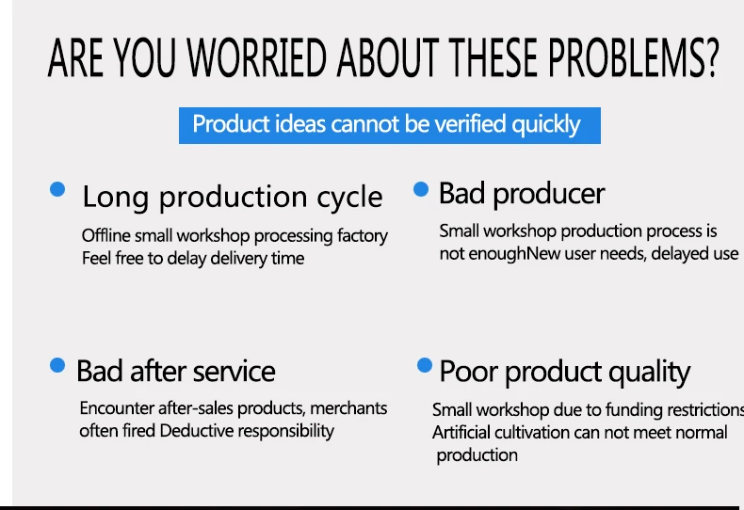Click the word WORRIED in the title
click(x=257, y=57)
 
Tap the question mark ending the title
click(x=712, y=57)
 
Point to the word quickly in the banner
click(x=545, y=125)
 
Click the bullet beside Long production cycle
click(x=57, y=189)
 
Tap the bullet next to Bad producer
click(x=421, y=189)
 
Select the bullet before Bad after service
click(x=57, y=365)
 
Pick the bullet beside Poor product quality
click(x=425, y=365)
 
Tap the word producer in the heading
click(x=549, y=195)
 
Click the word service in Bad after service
click(x=235, y=371)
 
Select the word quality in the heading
click(x=649, y=373)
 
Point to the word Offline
click(x=105, y=235)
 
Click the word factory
click(x=363, y=236)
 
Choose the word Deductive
click(x=197, y=431)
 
